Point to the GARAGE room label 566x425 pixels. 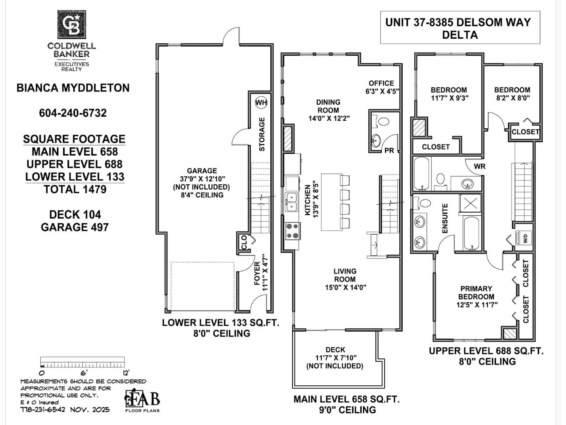click(x=202, y=171)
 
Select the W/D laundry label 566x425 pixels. click(x=525, y=238)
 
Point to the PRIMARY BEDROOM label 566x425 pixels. click(x=476, y=292)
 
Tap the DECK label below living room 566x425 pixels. click(x=335, y=350)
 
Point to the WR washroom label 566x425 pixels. click(x=479, y=166)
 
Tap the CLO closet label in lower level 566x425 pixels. click(x=244, y=242)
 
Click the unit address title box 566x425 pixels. click(x=460, y=28)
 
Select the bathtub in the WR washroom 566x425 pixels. click(x=421, y=174)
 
